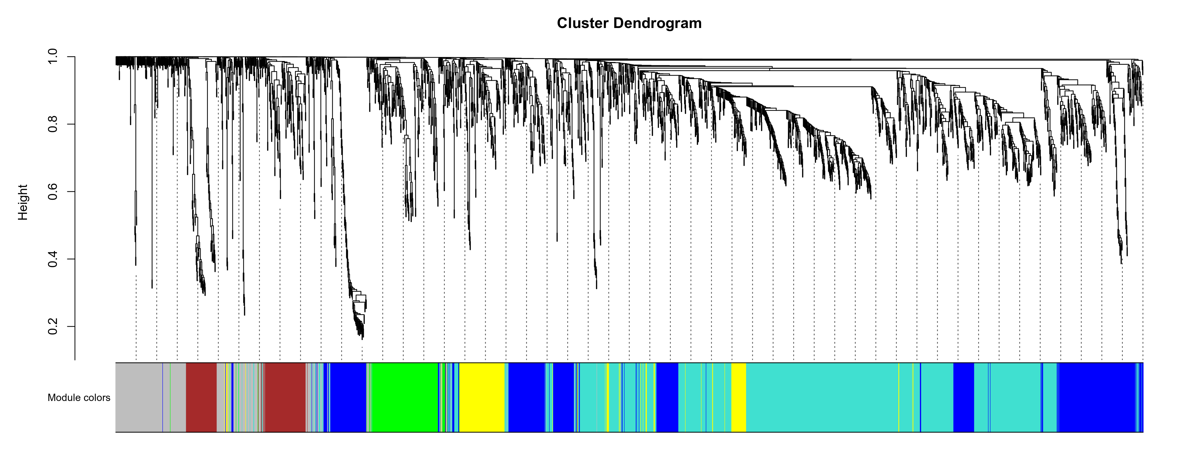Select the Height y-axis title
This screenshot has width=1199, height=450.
tap(22, 202)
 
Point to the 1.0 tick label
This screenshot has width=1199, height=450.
tap(52, 57)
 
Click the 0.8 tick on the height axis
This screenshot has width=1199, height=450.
tap(52, 124)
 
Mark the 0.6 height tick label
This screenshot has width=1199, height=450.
tap(52, 191)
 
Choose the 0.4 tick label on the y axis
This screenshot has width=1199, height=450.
tap(52, 259)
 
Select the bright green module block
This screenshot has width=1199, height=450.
tap(404, 397)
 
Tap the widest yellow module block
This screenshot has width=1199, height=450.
tap(482, 397)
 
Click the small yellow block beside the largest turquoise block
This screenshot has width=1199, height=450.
tap(739, 397)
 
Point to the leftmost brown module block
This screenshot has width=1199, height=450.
tap(201, 397)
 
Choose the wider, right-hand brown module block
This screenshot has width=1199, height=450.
tap(285, 397)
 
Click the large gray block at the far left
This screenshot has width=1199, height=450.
tap(139, 397)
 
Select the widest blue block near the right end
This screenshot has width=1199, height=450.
tap(1096, 397)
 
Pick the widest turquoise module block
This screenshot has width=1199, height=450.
tap(822, 397)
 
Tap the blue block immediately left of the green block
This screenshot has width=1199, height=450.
tap(348, 397)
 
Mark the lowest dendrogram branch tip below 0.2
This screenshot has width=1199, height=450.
tap(363, 339)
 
